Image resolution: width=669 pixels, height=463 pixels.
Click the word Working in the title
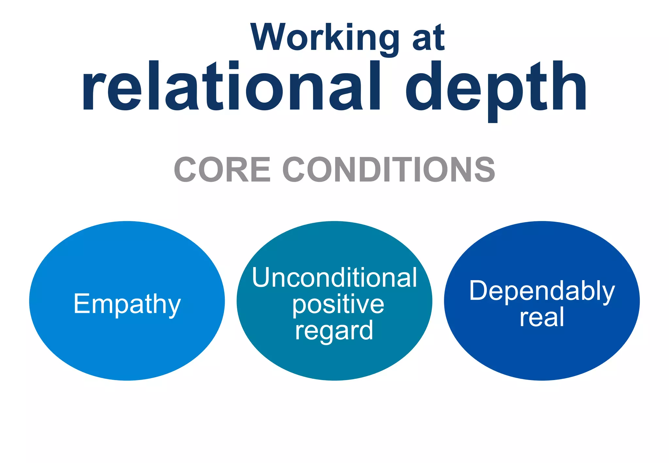pyautogui.click(x=324, y=38)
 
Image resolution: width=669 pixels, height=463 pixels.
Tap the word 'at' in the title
pyautogui.click(x=428, y=39)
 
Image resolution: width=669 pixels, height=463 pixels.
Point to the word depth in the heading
pyautogui.click(x=496, y=88)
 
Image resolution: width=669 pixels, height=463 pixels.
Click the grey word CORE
pyautogui.click(x=222, y=169)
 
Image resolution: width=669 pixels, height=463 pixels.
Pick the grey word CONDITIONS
pyautogui.click(x=389, y=169)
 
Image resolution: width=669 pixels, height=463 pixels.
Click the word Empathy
pyautogui.click(x=127, y=304)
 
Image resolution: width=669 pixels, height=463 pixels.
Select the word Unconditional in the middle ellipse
pyautogui.click(x=334, y=278)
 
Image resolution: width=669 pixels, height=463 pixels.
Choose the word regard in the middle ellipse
pyautogui.click(x=334, y=331)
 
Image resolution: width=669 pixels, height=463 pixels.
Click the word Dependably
pyautogui.click(x=542, y=291)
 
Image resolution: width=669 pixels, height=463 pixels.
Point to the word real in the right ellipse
pyautogui.click(x=542, y=317)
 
